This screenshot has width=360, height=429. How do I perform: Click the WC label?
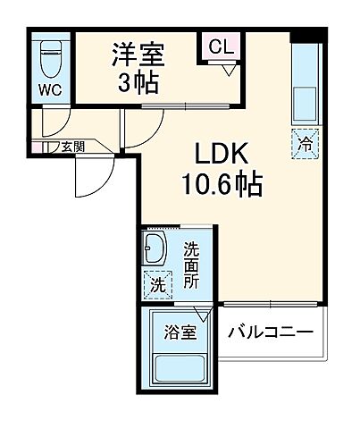tap(50, 89)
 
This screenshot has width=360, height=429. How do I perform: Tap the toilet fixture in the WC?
tap(50, 58)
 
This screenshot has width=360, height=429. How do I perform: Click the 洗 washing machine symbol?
tap(156, 284)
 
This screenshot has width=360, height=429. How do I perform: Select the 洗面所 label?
tap(191, 265)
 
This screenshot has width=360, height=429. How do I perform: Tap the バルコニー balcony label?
tap(271, 333)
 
